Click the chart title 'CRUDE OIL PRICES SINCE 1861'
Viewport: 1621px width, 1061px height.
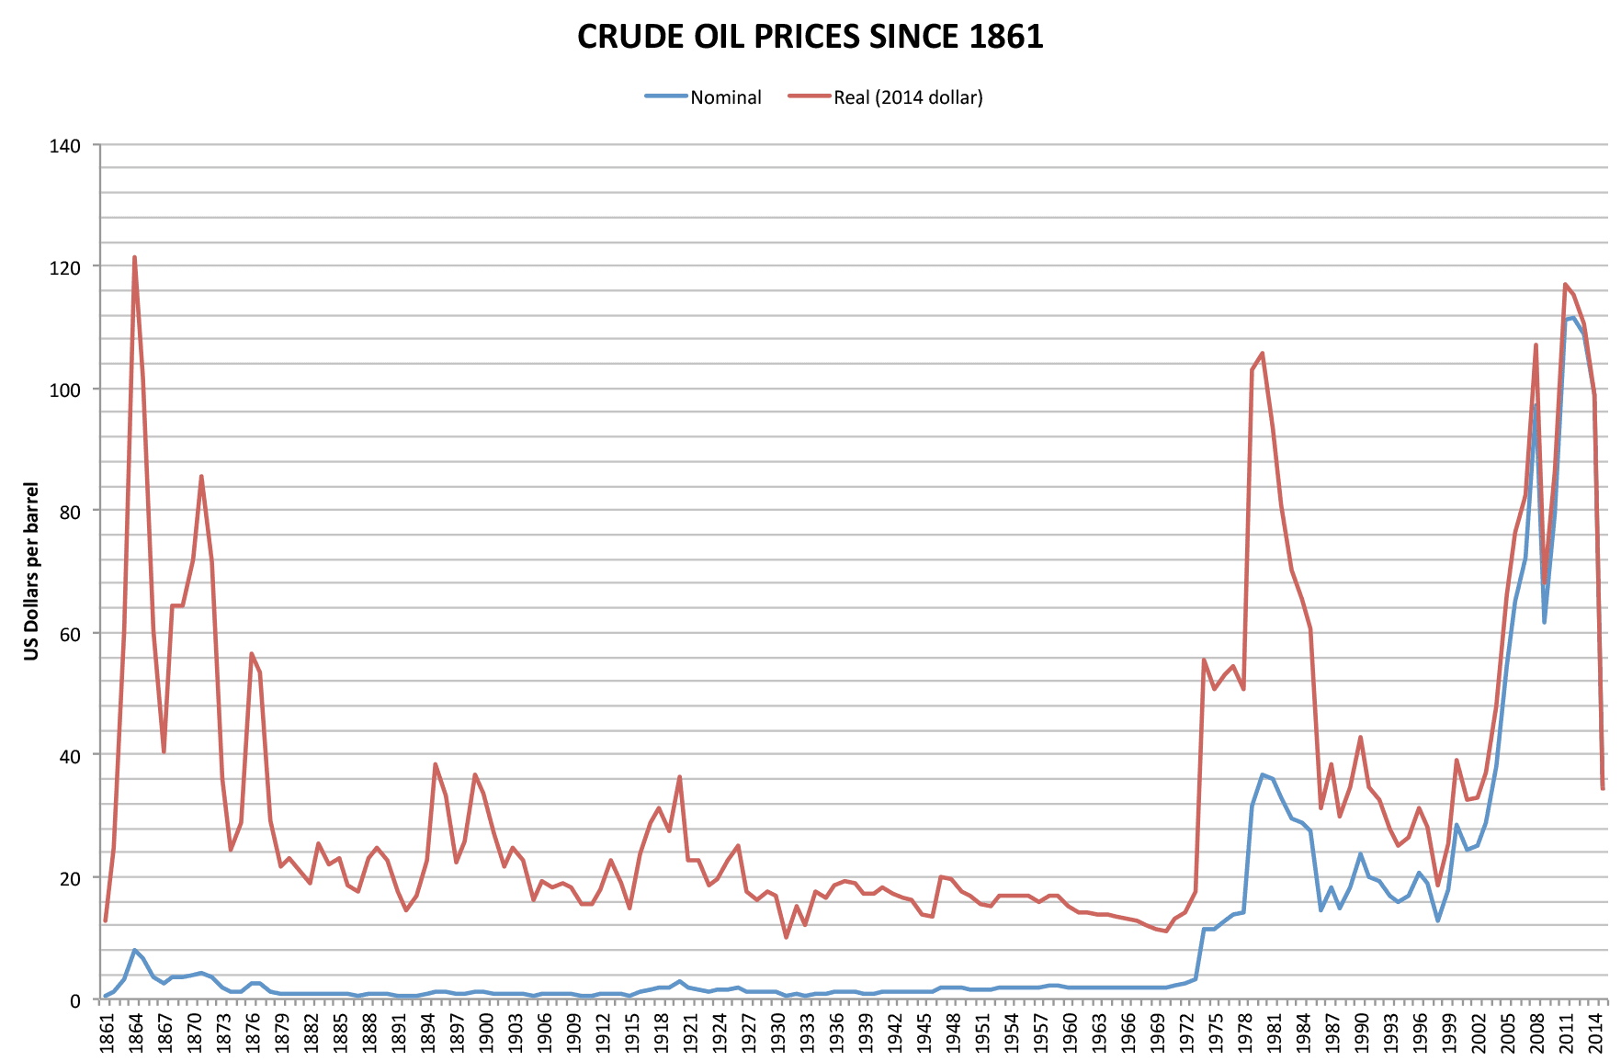tap(810, 37)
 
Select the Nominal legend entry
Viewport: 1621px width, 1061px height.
tap(725, 97)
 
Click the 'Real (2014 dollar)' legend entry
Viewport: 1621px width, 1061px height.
tap(908, 97)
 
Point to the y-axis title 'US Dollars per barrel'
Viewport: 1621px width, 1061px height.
tap(32, 570)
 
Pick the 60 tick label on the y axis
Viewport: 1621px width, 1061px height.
tap(70, 634)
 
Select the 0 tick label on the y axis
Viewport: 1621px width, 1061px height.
tap(75, 999)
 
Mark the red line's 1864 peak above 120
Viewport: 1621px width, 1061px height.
tap(134, 257)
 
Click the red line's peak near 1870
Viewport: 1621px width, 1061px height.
tap(201, 476)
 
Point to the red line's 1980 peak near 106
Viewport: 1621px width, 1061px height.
tap(1262, 353)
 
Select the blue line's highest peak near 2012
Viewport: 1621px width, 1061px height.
tap(1573, 318)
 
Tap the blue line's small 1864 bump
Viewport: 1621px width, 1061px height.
tap(134, 950)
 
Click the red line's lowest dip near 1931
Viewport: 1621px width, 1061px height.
tap(786, 937)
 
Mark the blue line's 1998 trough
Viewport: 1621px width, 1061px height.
tap(1437, 920)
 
